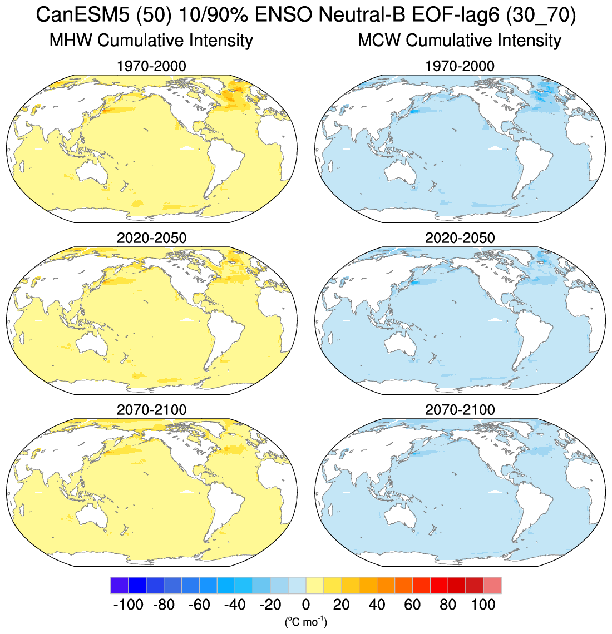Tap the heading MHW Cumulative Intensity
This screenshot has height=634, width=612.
tap(151, 41)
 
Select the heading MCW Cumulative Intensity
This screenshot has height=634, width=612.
tap(460, 41)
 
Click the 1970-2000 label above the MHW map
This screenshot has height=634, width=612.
tap(151, 67)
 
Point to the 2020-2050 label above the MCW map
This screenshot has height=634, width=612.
tap(460, 238)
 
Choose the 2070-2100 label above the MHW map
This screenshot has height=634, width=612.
tap(151, 410)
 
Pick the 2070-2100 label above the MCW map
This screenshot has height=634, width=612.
tap(460, 410)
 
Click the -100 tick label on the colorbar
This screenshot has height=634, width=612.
tap(128, 605)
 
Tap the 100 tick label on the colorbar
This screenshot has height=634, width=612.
tap(483, 605)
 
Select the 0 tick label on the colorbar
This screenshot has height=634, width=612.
tap(305, 605)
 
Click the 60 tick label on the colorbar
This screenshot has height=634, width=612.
tap(412, 605)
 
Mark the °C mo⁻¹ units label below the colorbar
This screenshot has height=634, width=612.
tap(305, 622)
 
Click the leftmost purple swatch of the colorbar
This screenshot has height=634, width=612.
tap(119, 586)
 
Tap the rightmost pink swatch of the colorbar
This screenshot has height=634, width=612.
tap(492, 586)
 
